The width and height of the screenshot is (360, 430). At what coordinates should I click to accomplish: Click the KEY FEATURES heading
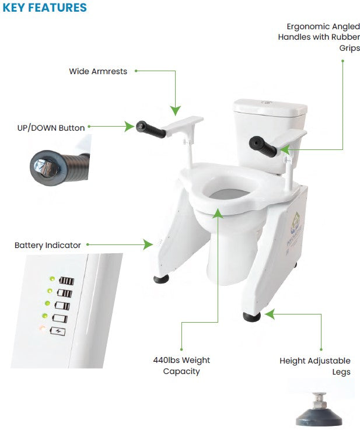point(45,8)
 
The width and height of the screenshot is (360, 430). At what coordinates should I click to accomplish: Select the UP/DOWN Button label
point(51,127)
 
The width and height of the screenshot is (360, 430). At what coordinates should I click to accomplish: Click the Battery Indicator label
point(48,245)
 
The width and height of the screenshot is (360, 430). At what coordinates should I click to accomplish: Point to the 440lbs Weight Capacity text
point(177,366)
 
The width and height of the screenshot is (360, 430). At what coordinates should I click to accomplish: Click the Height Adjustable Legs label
point(315,366)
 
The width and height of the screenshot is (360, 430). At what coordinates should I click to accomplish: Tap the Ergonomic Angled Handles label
point(319,37)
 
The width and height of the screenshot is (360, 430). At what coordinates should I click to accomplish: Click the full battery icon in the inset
point(66,281)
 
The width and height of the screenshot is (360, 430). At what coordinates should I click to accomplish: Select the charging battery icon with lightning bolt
point(58,331)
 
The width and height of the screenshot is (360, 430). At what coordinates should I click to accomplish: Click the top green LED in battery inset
point(51,278)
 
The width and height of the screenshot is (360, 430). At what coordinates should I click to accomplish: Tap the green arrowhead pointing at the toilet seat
point(218,214)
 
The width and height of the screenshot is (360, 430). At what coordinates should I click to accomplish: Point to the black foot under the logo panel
point(251,317)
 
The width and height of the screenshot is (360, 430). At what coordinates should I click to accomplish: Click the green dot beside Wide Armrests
point(136,71)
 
